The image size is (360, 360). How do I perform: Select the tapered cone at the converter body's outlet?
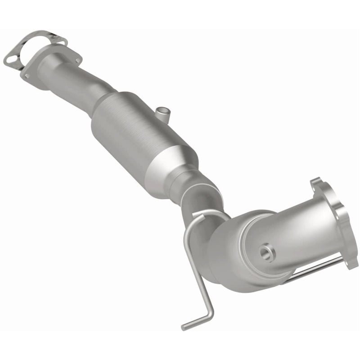coord(180,169)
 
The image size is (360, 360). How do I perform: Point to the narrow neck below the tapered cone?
coord(191,189)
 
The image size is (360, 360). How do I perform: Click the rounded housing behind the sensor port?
coord(234,252)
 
